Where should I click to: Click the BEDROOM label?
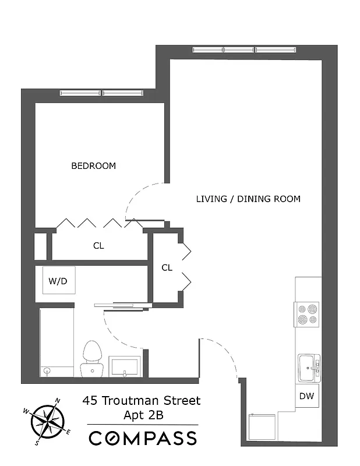[93, 166]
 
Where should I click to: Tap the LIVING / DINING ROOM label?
[248, 199]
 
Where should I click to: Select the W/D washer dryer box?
[58, 281]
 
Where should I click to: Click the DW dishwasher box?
[306, 397]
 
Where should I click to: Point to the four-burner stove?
[307, 315]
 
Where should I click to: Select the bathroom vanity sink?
[125, 366]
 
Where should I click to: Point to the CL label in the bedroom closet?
[98, 246]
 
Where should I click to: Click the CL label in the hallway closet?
[167, 268]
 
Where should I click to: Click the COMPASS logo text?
[143, 437]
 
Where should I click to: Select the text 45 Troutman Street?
[141, 401]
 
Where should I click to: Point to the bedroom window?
[102, 93]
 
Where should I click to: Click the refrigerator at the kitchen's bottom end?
[263, 426]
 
